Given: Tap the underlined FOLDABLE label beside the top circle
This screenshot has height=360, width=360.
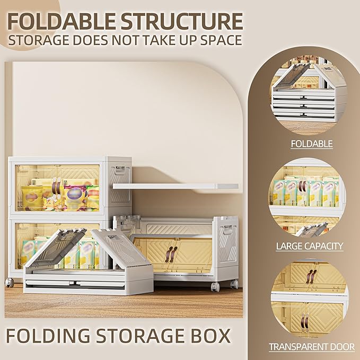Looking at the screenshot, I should tap(311, 144).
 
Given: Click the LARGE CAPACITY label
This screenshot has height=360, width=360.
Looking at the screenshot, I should tap(310, 246).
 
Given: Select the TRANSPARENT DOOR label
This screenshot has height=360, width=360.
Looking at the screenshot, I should tap(311, 347).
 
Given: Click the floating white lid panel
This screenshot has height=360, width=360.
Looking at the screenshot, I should tap(175, 186).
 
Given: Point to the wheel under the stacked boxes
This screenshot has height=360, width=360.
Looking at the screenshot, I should tap(9, 283).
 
